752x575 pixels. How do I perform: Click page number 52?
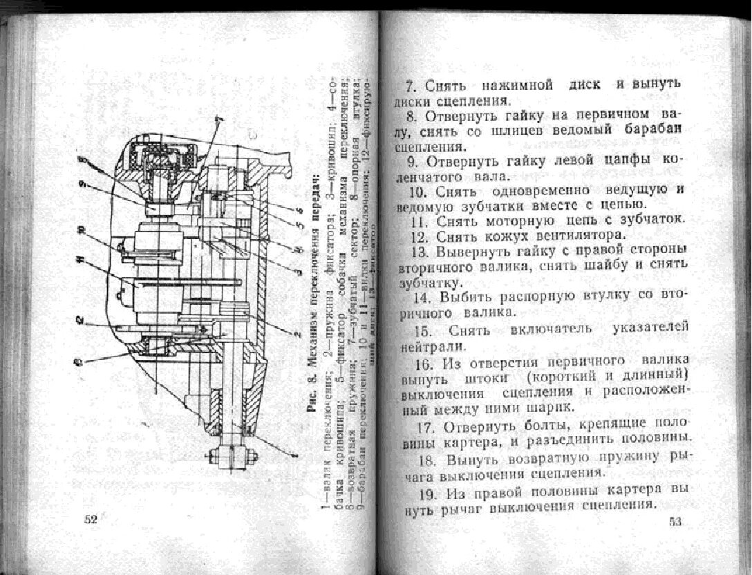pyautogui.click(x=91, y=520)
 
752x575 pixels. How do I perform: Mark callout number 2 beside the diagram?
pyautogui.click(x=80, y=319)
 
